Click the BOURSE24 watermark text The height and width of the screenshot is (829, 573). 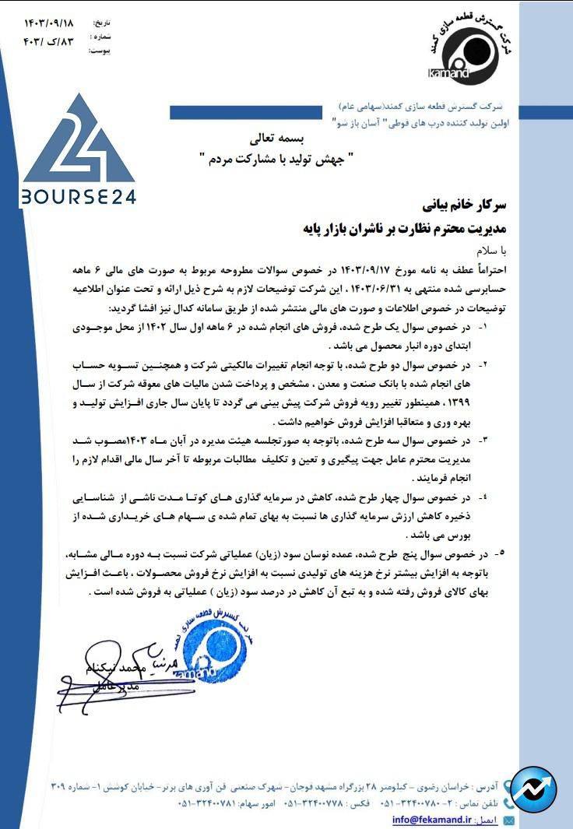(78, 195)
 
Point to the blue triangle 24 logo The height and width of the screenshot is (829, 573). (78, 144)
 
